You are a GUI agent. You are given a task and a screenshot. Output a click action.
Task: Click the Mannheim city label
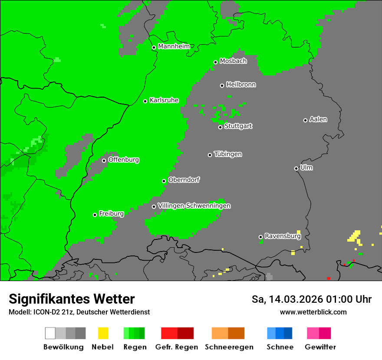pos(174,46)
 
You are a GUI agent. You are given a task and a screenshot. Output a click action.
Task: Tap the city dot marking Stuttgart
pos(220,127)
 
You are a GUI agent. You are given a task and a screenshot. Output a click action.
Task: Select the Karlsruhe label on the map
pos(164,100)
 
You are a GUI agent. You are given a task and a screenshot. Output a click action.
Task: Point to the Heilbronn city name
pos(241,85)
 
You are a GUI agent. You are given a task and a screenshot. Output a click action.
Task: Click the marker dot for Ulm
pos(296,168)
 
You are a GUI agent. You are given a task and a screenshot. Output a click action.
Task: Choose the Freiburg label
pos(111,214)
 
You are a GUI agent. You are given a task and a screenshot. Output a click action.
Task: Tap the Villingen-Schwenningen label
pos(194,206)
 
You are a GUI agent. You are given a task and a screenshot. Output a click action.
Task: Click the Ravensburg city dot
pos(260,237)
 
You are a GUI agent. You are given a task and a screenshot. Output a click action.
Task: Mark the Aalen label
pos(318,119)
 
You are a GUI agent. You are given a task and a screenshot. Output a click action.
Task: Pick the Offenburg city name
pos(124,160)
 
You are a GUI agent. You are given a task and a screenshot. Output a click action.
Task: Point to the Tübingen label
pos(228,154)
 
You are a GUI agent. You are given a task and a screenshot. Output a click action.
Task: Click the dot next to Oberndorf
pos(164,181)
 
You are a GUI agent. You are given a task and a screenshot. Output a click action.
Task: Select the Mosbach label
pos(233,61)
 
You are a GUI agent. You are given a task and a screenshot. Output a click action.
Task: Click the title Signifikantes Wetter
pos(72,299)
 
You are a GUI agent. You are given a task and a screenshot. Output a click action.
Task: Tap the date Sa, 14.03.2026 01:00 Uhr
pos(311,299)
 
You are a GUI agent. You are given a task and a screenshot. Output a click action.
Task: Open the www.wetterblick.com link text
pos(313,312)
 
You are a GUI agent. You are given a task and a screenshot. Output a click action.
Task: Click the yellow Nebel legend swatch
pos(103,333)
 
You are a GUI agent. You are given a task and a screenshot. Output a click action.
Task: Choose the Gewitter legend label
pos(320,347)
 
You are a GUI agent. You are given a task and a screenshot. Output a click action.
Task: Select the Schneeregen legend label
pos(229,347)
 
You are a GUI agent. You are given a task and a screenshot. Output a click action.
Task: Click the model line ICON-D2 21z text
pos(79,312)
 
